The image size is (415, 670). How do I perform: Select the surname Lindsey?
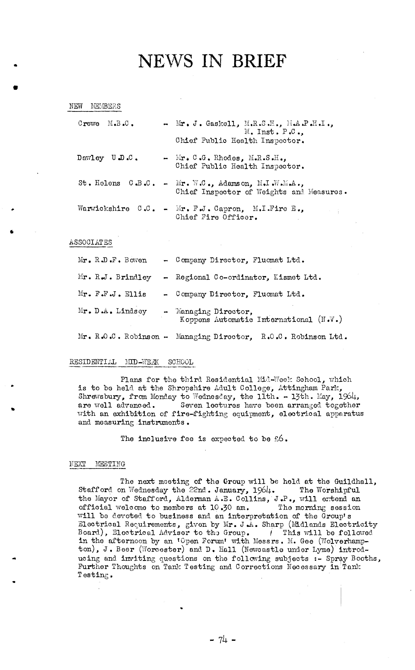pyautogui.click(x=131, y=311)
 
